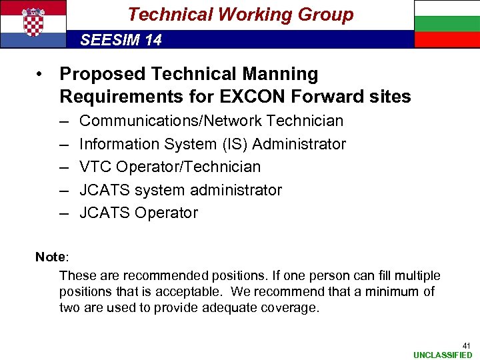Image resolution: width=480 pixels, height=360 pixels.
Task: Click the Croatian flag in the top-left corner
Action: point(33,24)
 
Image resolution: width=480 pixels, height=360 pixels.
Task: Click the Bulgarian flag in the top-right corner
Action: point(447,24)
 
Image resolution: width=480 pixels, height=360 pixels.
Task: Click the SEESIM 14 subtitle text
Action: point(121,40)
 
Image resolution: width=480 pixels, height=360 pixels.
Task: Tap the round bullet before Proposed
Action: point(41,74)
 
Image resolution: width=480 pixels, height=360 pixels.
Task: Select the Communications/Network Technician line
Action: point(211,121)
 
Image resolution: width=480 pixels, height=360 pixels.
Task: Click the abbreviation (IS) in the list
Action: point(235,144)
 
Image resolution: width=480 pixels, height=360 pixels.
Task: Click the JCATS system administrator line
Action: point(181,190)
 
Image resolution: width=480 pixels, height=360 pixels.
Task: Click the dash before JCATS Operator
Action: point(64,213)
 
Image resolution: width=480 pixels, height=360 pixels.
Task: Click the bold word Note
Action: point(49,257)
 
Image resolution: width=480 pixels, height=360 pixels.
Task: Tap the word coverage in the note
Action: point(289,307)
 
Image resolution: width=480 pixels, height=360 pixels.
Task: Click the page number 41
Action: point(466,345)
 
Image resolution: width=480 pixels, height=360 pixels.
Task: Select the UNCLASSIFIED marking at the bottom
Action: point(442,355)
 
